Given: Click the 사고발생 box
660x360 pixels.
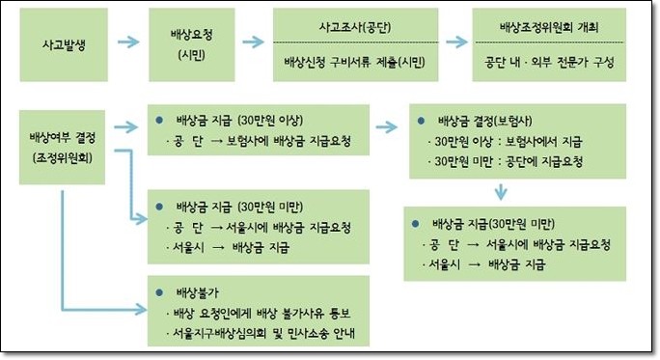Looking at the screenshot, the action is point(64,44).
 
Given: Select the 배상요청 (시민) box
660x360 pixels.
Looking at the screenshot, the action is point(191,44).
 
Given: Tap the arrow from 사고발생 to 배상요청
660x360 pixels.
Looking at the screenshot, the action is point(128,42).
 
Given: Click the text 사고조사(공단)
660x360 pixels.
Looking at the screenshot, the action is point(355,27).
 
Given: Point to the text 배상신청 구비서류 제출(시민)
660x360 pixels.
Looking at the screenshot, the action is point(355,63).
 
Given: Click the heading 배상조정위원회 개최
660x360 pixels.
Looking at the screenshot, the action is point(549,27).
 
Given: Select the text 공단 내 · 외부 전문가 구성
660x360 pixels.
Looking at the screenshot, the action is point(549,63).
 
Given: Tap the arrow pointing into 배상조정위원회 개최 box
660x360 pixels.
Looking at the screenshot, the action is point(456,42).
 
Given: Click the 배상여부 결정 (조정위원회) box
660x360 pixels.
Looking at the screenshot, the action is point(63,148).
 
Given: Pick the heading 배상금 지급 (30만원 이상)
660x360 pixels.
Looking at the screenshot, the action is point(239,121).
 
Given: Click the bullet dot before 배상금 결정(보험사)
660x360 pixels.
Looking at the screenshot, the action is point(421,121).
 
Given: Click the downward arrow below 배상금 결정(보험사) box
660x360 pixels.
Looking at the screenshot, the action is point(501,191).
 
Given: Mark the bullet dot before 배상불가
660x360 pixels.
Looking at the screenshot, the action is point(159,292).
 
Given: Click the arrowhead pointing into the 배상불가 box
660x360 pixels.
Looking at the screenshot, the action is point(142,311).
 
